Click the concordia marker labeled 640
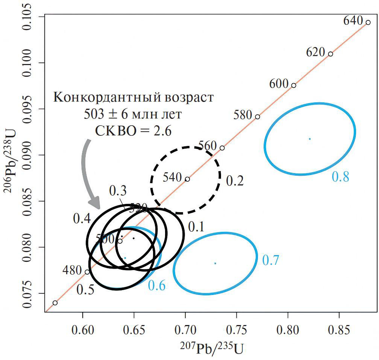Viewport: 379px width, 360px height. (368, 23)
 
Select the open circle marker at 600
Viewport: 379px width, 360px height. (294, 85)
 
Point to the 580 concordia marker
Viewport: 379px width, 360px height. (257, 117)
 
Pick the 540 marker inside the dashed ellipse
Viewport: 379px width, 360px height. (187, 179)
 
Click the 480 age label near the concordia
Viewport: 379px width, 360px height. (72, 270)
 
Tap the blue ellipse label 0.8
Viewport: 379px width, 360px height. (341, 176)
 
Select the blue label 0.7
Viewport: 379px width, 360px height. (270, 260)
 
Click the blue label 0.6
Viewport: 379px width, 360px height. (157, 286)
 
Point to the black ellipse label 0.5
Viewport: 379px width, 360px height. (85, 289)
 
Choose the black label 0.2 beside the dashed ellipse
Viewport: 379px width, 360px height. (235, 181)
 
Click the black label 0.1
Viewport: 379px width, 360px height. (196, 226)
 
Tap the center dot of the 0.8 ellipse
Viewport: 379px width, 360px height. (310, 139)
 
